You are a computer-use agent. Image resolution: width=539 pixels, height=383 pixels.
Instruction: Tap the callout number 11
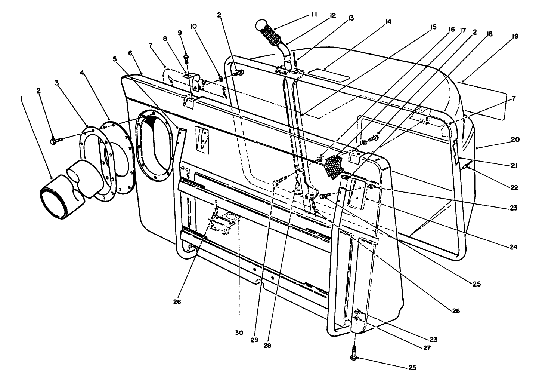click(313, 15)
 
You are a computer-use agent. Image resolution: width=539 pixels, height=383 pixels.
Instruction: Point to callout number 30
click(239, 333)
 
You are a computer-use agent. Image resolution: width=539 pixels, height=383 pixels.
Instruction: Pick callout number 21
click(514, 166)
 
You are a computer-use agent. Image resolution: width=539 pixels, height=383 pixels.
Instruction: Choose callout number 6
click(130, 53)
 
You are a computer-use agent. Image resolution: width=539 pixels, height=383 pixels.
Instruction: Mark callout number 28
click(267, 346)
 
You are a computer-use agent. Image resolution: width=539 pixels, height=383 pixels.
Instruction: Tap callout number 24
click(513, 247)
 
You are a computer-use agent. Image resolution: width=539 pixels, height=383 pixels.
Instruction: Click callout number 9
click(180, 33)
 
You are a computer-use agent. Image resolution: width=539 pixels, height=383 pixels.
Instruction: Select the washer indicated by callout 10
click(220, 79)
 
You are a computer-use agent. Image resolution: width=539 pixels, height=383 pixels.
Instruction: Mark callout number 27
click(427, 348)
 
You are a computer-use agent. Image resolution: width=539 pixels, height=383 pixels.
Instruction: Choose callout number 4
click(82, 73)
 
